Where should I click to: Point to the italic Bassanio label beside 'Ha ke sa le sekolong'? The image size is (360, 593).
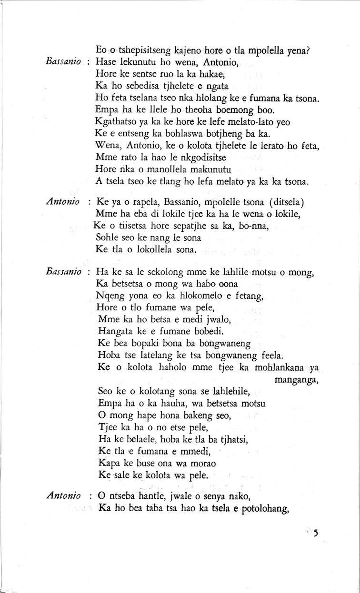coord(65,273)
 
